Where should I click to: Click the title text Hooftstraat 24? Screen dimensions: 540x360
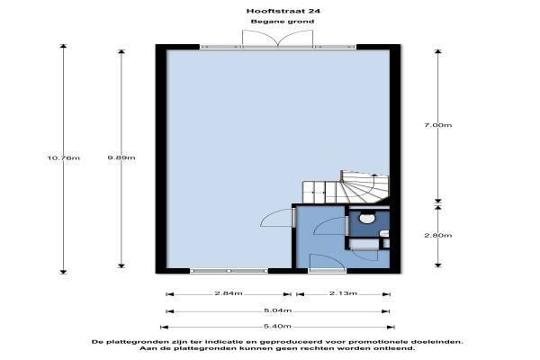point(283,11)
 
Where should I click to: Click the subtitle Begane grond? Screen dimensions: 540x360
point(283,22)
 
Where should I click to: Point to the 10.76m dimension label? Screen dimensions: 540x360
point(63,157)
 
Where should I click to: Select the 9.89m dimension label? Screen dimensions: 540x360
point(121,157)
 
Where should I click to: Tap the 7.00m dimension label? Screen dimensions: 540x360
point(437,125)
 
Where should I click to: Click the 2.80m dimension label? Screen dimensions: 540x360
point(437,235)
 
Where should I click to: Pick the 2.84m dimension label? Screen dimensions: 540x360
point(229,293)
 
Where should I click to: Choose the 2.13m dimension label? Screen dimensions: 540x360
point(343,293)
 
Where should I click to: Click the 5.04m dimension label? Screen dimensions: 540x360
point(277,310)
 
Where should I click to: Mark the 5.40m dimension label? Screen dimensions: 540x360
point(277,326)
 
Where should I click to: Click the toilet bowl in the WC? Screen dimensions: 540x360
point(367,218)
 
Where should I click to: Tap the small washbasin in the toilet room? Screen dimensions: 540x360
point(384,234)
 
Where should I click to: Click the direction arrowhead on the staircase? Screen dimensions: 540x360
point(374,176)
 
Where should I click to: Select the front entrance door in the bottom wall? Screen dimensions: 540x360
point(328,271)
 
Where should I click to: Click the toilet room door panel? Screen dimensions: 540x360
point(346,226)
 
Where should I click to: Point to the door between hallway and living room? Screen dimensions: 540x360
point(293,218)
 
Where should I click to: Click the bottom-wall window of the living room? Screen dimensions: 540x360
point(229,271)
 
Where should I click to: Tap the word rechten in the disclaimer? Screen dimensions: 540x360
point(319,348)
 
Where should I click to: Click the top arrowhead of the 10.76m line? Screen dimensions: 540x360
point(63,46)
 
